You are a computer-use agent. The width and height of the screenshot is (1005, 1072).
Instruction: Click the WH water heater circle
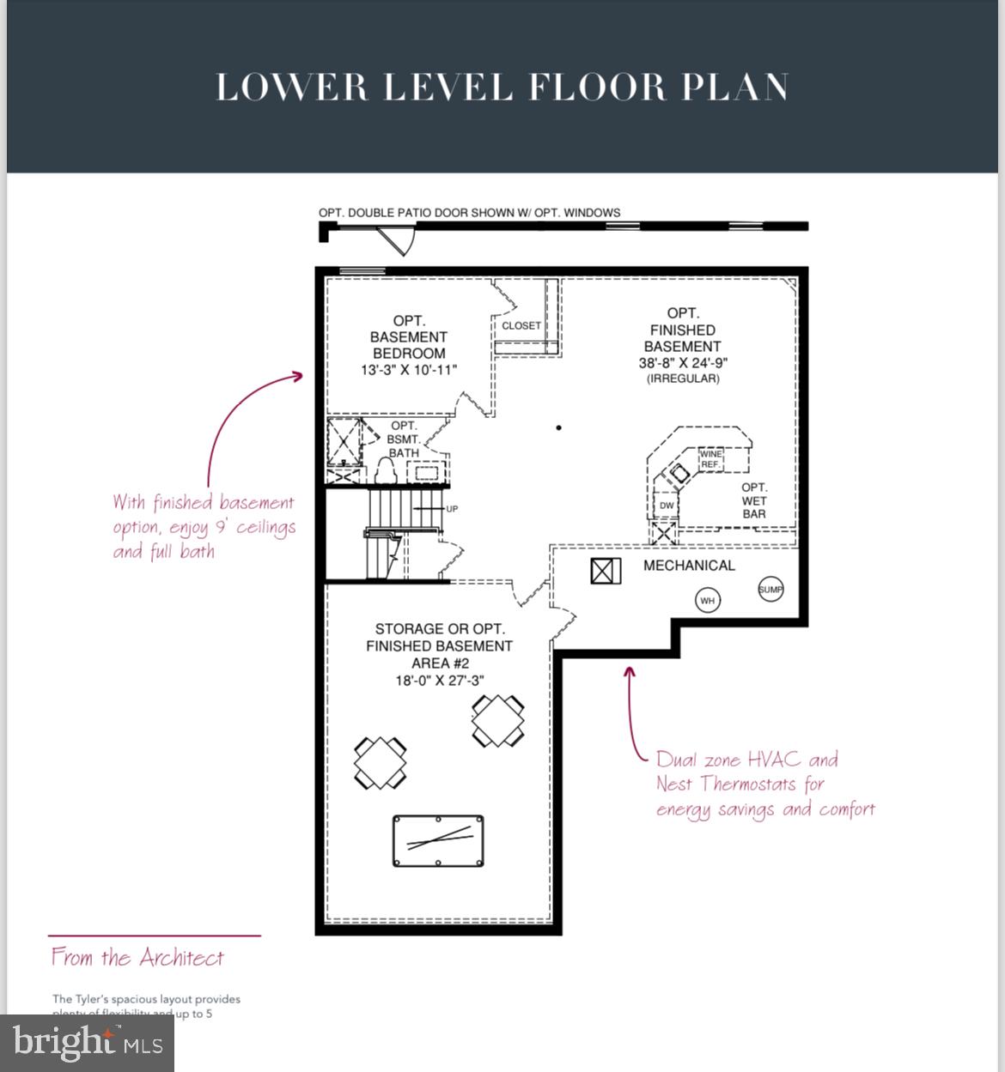pos(707,601)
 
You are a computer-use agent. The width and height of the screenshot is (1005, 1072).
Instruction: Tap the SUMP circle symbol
pos(770,589)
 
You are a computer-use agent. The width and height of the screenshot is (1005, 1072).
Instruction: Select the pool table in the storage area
pos(438,840)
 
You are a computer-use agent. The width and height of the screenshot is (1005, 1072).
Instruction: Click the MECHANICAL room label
pos(689,566)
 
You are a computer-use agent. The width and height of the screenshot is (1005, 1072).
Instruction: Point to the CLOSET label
pos(521,326)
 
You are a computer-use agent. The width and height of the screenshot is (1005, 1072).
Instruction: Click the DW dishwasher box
pos(667,506)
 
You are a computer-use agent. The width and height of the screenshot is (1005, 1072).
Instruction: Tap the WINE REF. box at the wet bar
pos(710,459)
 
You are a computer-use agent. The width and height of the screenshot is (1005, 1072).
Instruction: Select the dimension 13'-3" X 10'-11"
pos(409,370)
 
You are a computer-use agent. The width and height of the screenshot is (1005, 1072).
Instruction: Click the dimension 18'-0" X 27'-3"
pos(439,681)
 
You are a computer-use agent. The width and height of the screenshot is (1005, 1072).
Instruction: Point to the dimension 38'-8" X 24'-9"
pos(683,363)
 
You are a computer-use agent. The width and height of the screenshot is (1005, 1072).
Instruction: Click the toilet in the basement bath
pos(386,470)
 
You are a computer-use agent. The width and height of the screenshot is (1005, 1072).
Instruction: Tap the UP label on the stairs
pos(452,509)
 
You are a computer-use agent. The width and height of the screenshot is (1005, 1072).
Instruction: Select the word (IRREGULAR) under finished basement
pos(683,379)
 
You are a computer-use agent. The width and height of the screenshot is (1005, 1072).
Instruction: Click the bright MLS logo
pos(88,1043)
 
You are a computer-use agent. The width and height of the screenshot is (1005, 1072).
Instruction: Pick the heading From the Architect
pos(137,958)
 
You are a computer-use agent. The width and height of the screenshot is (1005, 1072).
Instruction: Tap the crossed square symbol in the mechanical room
pos(606,571)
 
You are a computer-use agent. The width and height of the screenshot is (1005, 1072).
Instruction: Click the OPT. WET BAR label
pos(754,501)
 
